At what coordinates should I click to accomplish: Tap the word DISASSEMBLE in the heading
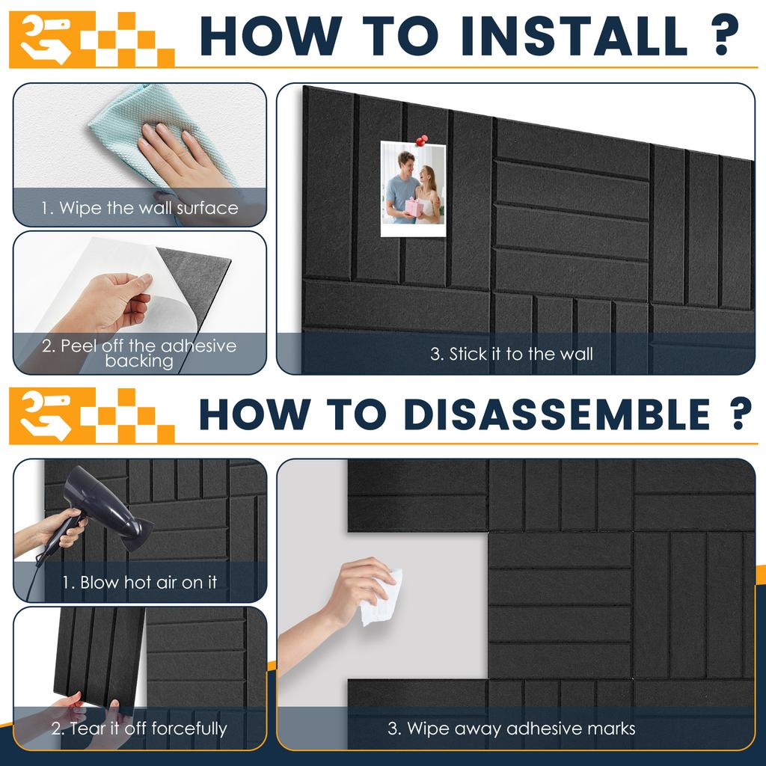tap(557, 414)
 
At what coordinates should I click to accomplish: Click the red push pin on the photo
tap(422, 141)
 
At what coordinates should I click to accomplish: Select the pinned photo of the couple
tap(413, 189)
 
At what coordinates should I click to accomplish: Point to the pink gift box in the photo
tap(414, 207)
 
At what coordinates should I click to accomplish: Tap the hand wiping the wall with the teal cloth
tap(181, 156)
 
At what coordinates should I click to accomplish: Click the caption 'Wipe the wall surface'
tap(140, 208)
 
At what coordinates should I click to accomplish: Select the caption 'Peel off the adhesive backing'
tap(139, 353)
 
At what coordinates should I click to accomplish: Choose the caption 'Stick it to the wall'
tap(512, 354)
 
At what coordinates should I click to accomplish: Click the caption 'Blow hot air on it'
tap(139, 582)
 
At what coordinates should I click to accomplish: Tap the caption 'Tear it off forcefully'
tap(139, 729)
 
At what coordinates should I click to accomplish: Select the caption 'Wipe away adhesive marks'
tap(512, 729)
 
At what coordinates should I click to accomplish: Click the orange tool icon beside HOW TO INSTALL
tap(47, 39)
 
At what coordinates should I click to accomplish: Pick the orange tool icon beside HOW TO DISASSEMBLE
tap(47, 415)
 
